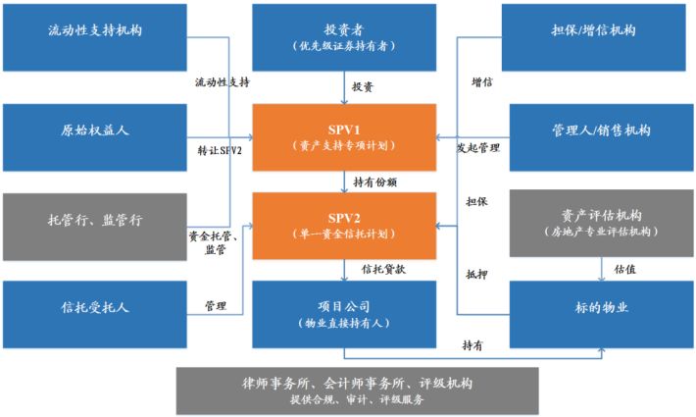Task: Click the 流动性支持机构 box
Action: click(x=95, y=32)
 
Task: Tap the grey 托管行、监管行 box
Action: click(x=95, y=220)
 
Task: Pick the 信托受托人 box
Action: click(x=95, y=308)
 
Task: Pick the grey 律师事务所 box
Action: click(x=358, y=390)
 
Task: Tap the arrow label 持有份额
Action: click(x=374, y=182)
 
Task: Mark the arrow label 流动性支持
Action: click(x=229, y=82)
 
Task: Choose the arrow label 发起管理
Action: click(x=476, y=149)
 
